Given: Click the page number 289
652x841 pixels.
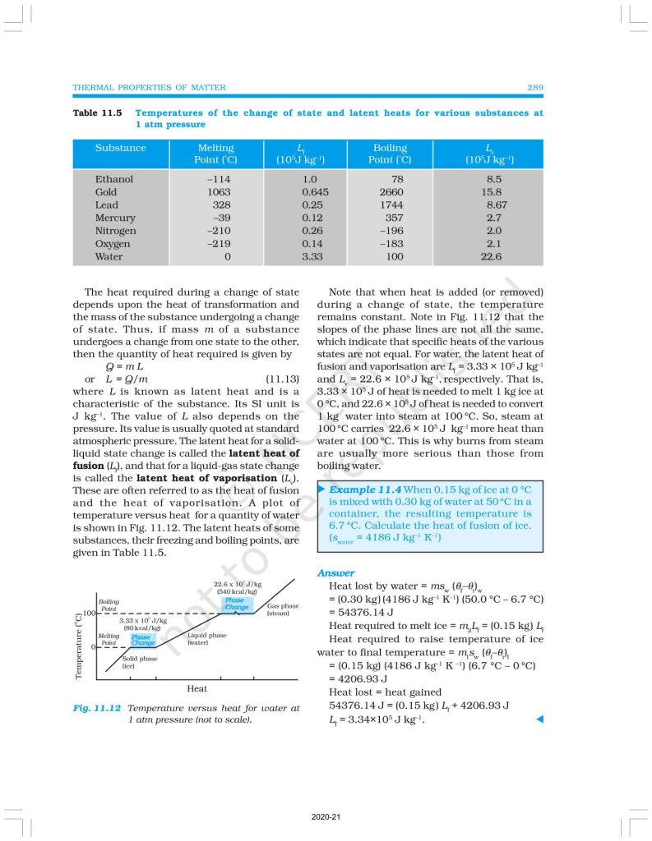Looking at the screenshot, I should click(534, 88).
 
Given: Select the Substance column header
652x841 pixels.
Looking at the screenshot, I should click(120, 148).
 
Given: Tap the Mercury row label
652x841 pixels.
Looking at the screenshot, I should click(114, 218).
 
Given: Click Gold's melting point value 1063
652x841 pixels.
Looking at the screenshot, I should click(216, 191).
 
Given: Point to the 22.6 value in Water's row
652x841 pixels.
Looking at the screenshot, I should click(491, 257).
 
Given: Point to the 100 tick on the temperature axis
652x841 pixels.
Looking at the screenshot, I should click(89, 613).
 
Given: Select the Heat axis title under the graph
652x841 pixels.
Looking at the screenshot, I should click(197, 687).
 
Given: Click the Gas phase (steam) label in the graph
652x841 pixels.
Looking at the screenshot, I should click(282, 609).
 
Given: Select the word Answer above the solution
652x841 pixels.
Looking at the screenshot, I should click(335, 572).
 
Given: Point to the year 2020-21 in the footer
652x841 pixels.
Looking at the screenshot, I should click(326, 817).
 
